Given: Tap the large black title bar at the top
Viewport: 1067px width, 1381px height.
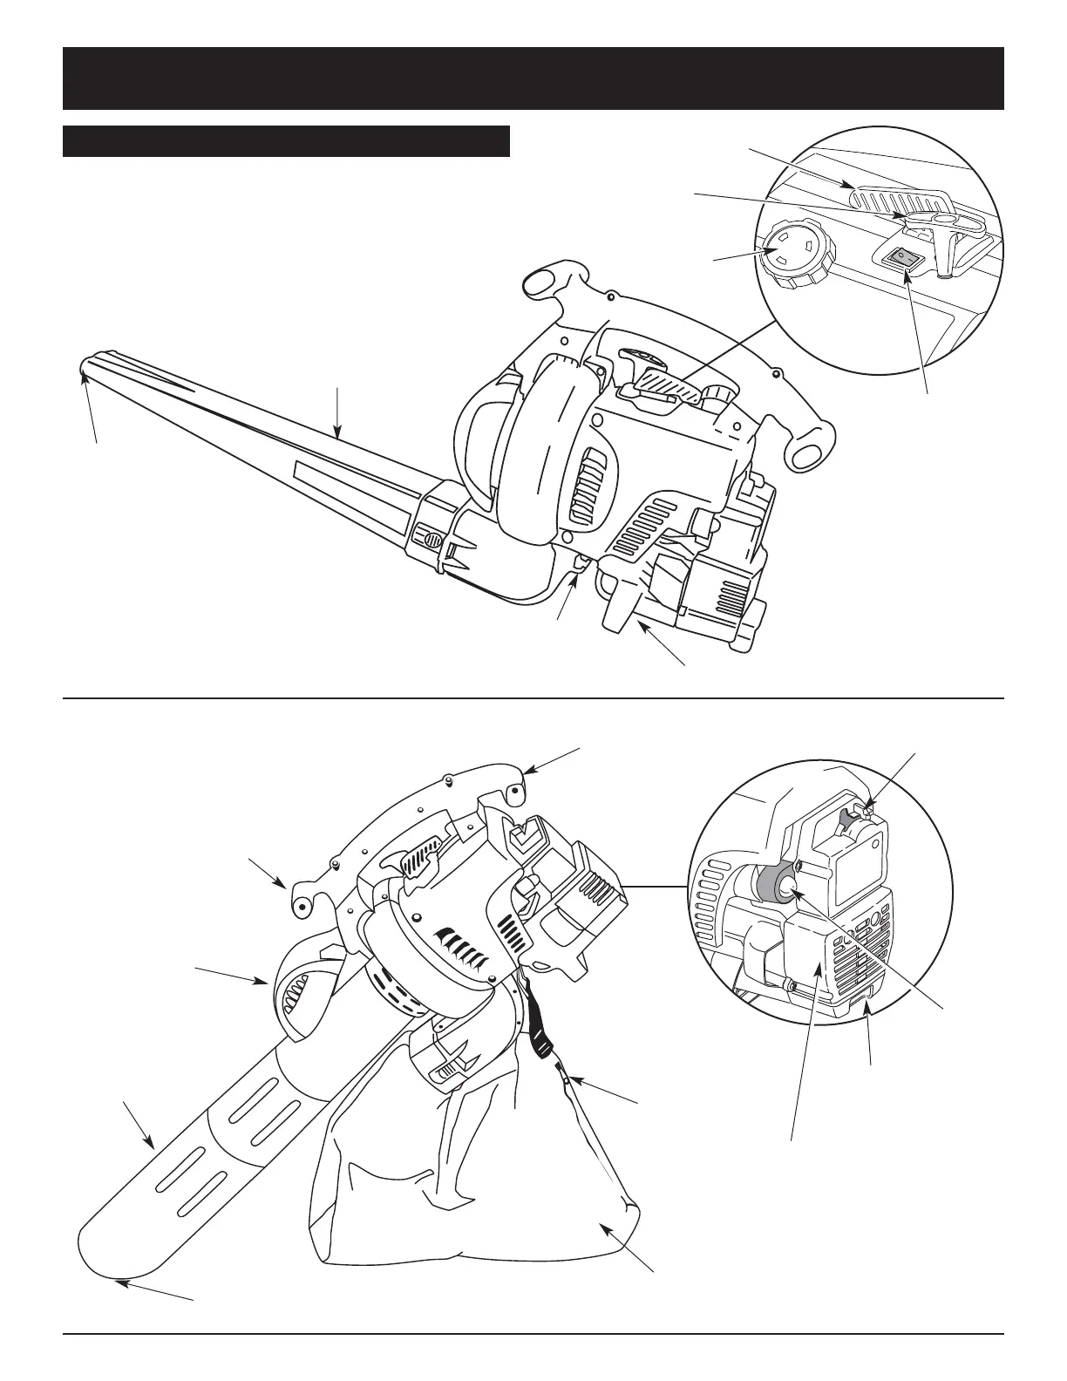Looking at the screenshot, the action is pyautogui.click(x=533, y=78).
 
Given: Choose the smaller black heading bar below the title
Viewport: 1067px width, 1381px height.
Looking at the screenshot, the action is pyautogui.click(x=286, y=141).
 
